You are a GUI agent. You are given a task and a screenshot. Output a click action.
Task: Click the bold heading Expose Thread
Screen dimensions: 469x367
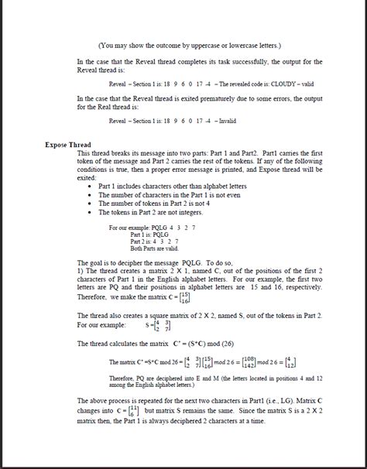(x=67, y=145)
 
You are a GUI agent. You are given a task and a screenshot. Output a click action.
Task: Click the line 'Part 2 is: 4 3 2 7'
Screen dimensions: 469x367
(x=142, y=241)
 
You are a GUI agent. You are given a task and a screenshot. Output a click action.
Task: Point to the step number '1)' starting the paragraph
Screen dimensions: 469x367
(x=81, y=270)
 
